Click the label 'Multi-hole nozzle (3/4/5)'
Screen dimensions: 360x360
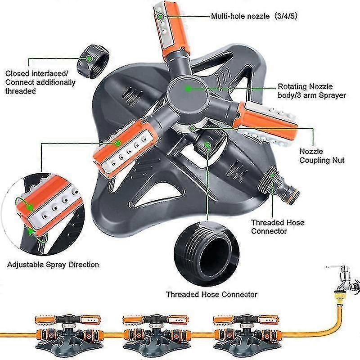point(254,17)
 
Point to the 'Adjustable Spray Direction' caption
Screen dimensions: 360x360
point(53,264)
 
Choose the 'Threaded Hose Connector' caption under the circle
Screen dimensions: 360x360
point(211,294)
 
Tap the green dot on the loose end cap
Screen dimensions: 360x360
point(90,59)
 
